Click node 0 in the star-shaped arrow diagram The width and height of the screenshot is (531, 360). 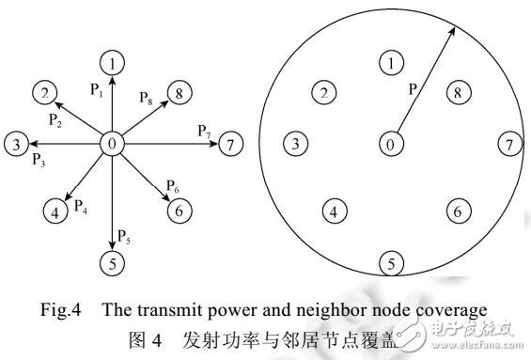click(x=113, y=144)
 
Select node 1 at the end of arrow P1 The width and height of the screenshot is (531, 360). click(x=113, y=64)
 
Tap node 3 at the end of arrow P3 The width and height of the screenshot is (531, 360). click(x=16, y=144)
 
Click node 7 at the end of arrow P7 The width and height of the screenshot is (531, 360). click(x=230, y=144)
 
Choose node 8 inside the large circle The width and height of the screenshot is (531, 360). click(x=456, y=92)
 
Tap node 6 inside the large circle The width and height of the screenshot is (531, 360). click(x=456, y=211)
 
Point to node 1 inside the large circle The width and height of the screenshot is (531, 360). click(x=389, y=64)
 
